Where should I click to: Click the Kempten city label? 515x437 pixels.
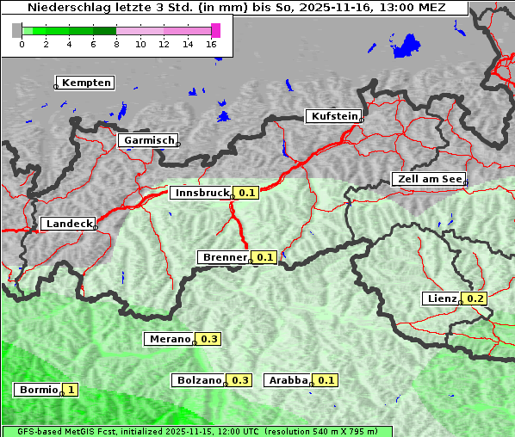[x=85, y=83]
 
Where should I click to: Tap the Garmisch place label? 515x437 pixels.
[x=148, y=140]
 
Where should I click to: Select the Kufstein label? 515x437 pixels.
[x=333, y=116]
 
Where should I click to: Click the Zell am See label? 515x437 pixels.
[x=428, y=179]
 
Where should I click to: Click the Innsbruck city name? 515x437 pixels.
[x=201, y=193]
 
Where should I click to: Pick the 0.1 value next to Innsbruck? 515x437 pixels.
[x=247, y=193]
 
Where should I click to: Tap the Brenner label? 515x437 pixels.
[x=223, y=257]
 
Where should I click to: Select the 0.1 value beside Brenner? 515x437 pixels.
[x=264, y=257]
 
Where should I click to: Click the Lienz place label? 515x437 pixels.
[x=442, y=299]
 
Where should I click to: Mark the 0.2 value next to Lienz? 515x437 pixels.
[x=475, y=299]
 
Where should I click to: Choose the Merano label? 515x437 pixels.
[x=168, y=339]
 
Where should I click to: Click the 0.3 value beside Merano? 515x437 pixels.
[x=209, y=339]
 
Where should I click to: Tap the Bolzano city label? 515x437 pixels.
[x=199, y=380]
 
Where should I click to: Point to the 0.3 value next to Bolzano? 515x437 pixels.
[x=240, y=380]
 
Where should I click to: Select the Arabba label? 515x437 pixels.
[x=287, y=380]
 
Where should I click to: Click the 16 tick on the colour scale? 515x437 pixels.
[x=212, y=44]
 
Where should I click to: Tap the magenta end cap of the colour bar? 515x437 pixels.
[x=215, y=30]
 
